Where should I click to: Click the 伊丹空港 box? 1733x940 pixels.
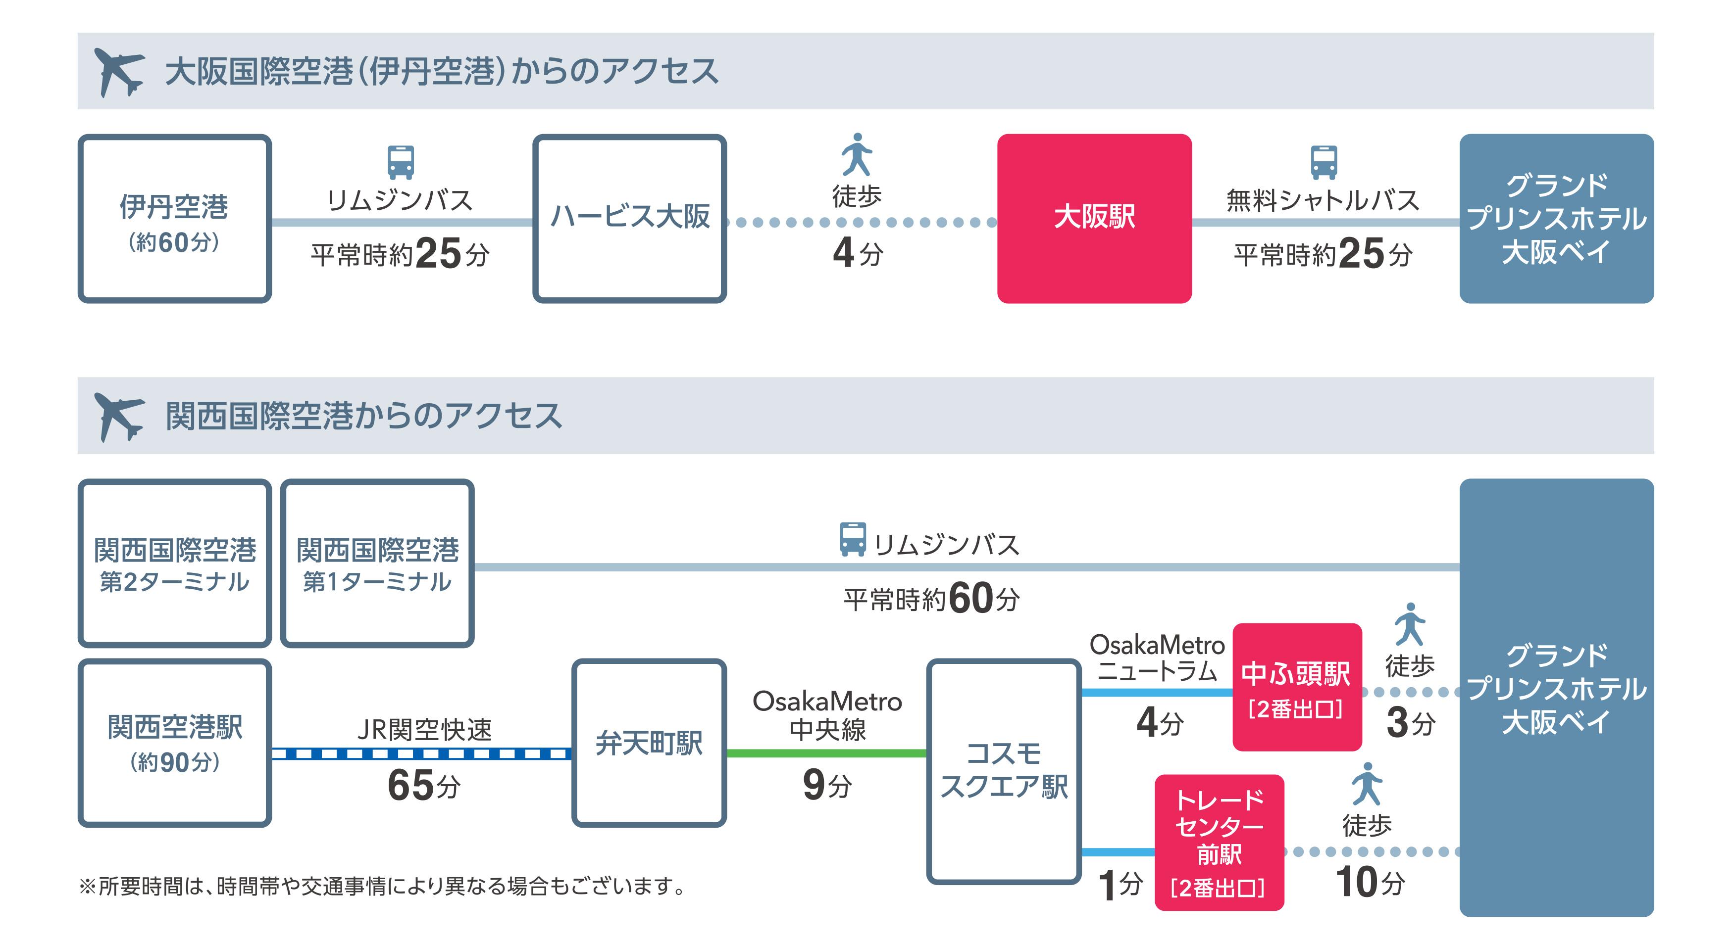coord(174,219)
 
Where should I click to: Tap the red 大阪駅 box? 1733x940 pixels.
coord(1094,219)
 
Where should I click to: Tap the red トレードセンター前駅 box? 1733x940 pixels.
coord(1219,842)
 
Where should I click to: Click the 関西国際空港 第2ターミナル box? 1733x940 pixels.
coord(174,564)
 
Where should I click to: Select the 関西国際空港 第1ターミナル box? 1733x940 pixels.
coord(377,564)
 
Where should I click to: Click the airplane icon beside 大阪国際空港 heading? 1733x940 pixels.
coord(118,72)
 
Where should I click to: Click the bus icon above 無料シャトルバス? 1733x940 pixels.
coord(1324,162)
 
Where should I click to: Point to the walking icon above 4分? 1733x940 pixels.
coord(857,155)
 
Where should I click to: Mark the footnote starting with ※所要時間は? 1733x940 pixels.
coord(381,886)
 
